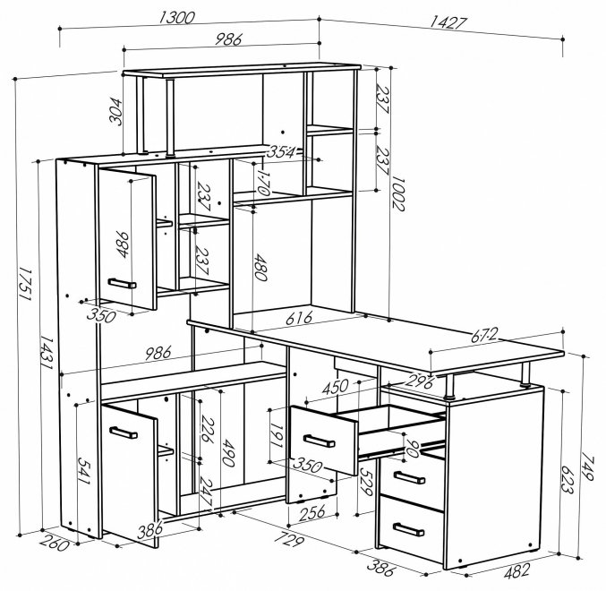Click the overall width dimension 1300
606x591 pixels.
point(175,18)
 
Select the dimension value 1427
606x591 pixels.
point(448,22)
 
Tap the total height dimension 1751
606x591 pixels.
point(25,284)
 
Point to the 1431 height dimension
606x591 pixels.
point(47,352)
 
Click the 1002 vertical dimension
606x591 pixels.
point(398,193)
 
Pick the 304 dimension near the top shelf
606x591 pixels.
point(115,112)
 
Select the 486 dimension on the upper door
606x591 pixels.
point(122,244)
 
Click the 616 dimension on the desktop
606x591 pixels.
point(299,318)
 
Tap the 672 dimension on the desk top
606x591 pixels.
point(484,335)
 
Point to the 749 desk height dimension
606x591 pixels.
point(586,467)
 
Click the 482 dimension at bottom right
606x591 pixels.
point(517,571)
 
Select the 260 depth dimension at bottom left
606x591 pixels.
point(54,544)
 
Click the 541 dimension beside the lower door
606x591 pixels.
point(84,471)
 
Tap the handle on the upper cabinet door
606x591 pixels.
point(122,283)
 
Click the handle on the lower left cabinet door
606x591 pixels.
point(124,433)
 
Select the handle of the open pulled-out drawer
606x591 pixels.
point(320,441)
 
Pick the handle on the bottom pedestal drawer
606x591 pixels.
point(408,529)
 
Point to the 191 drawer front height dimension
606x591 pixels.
point(277,434)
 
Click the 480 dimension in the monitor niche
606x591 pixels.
point(260,267)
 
